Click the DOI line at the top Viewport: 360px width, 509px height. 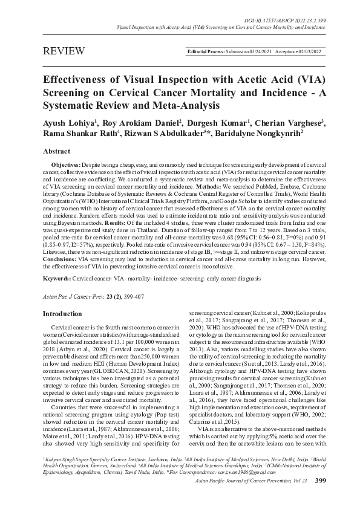291,5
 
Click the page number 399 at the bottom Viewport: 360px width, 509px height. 321,498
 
